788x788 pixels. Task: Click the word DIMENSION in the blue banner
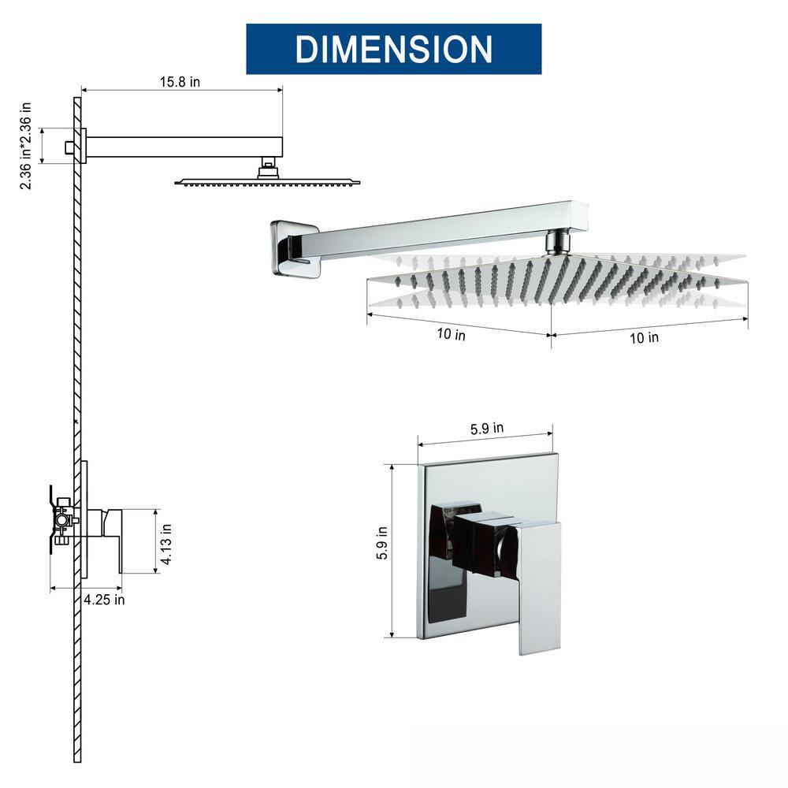393,49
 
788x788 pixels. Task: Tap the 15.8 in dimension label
179,82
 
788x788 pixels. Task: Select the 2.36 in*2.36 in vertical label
26,145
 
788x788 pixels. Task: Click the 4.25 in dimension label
103,599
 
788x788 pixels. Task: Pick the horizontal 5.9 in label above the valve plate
487,429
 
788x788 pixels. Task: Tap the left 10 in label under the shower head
451,334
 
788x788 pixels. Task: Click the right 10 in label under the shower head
644,337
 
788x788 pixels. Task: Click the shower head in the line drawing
267,181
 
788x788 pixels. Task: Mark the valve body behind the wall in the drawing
61,520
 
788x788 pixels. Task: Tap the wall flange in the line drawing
81,146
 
